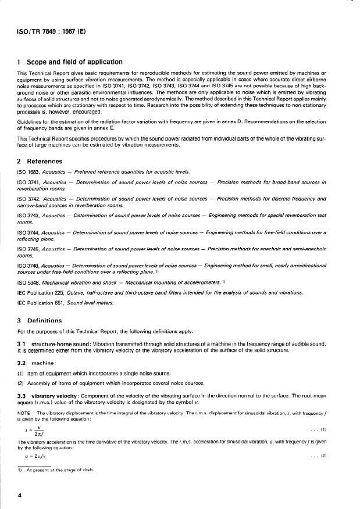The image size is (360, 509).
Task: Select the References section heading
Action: pyautogui.click(x=42, y=161)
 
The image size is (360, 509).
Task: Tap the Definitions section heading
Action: pyautogui.click(x=42, y=320)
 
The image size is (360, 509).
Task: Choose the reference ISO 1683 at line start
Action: pyautogui.click(x=28, y=173)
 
